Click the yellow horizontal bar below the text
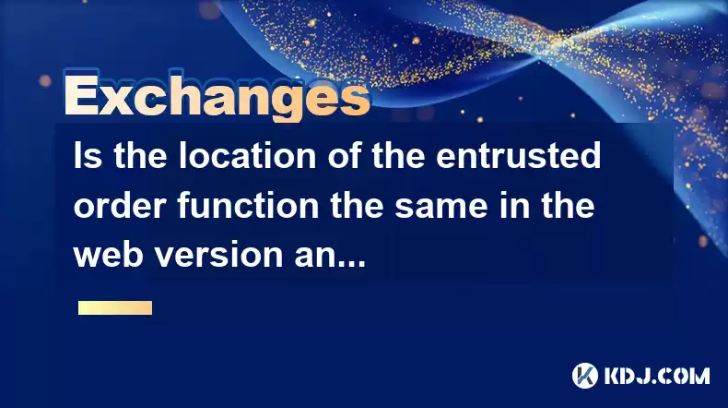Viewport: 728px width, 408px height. click(115, 308)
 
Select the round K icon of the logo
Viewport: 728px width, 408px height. click(585, 376)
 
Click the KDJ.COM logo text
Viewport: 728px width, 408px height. click(657, 376)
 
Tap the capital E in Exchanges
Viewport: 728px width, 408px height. click(81, 95)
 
